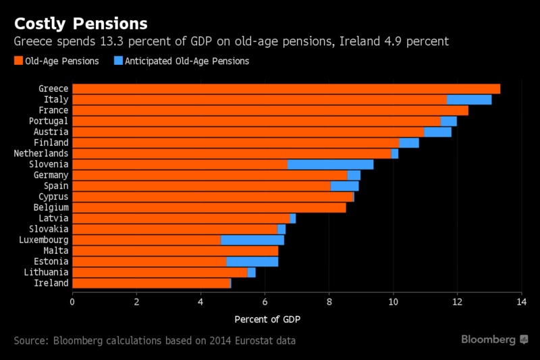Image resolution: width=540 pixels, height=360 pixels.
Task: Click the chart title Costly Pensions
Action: [81, 24]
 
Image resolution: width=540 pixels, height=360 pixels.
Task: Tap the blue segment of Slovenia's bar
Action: [330, 164]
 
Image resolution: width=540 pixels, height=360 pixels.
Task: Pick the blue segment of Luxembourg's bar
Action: [252, 240]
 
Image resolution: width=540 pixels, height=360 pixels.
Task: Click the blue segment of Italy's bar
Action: [469, 99]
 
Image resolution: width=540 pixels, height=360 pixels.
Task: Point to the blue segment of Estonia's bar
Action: [252, 261]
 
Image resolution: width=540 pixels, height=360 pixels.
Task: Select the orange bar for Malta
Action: [175, 251]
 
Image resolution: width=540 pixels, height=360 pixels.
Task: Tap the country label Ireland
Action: [51, 283]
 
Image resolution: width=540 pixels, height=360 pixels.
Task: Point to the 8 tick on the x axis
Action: [329, 301]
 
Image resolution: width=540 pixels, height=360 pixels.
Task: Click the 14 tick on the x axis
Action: [521, 301]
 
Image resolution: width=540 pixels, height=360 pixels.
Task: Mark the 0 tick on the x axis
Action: [72, 301]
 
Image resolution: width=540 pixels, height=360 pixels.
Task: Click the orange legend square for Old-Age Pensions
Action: [18, 61]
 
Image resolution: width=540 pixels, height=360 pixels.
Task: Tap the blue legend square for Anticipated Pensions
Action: [117, 61]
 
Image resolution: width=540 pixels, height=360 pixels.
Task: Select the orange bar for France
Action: [270, 110]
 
